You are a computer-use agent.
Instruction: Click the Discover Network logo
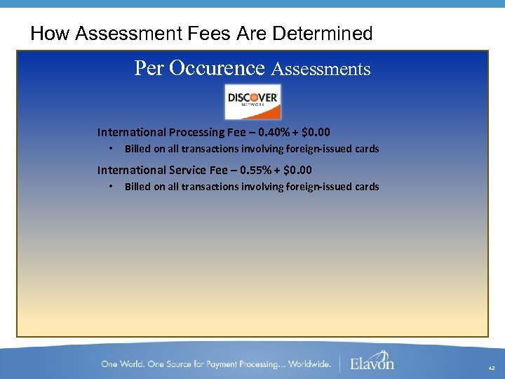(x=252, y=102)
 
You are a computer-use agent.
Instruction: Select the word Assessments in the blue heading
(x=321, y=69)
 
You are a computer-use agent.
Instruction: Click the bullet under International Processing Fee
(x=111, y=149)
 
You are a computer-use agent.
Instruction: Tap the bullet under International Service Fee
(x=111, y=187)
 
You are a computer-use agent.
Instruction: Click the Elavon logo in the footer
(x=372, y=361)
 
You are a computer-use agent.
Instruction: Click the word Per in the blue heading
(x=149, y=68)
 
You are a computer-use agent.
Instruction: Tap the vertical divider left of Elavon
(x=340, y=363)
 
